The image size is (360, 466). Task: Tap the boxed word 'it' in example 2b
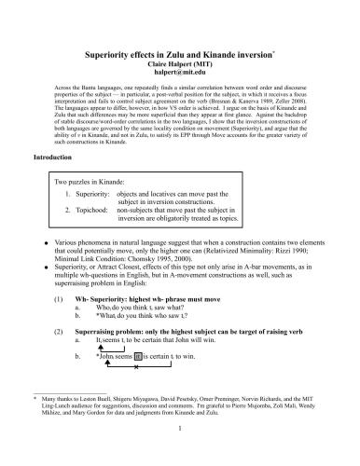[x=138, y=381]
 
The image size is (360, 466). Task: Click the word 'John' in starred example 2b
[x=110, y=381]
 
